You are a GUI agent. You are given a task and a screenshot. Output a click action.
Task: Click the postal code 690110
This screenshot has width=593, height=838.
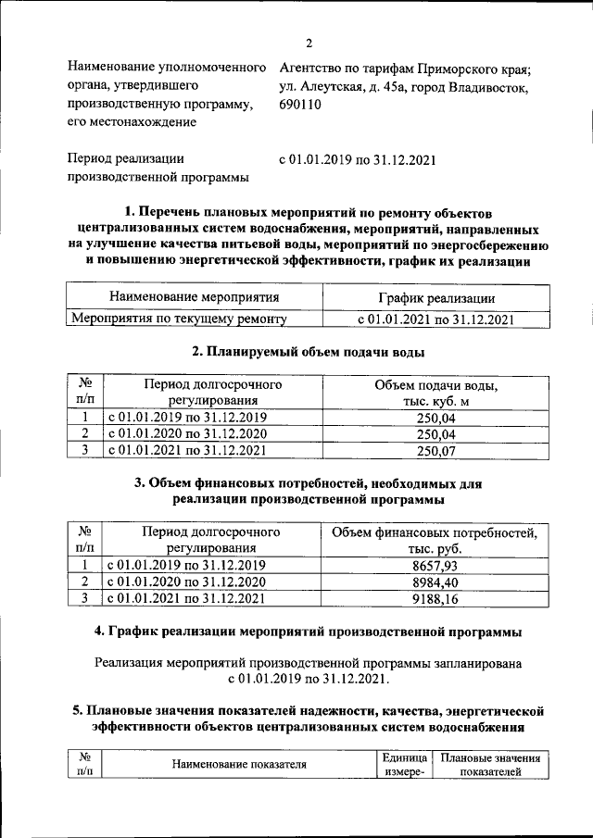coord(299,105)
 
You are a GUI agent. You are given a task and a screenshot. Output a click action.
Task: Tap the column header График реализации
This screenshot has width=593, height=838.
coord(435,298)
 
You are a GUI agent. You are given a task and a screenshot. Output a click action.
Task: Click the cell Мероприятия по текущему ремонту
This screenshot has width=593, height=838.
coord(180,319)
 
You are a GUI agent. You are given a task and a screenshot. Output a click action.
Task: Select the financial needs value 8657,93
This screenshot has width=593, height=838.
coord(434,565)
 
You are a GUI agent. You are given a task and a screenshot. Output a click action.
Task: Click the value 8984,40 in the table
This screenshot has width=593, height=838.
coord(434,582)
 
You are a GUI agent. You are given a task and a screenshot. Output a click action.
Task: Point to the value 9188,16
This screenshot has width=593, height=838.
coord(434,599)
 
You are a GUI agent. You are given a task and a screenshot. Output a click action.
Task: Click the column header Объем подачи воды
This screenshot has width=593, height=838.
coord(435,393)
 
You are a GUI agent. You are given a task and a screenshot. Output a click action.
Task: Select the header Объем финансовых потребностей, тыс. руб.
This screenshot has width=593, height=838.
coord(434,541)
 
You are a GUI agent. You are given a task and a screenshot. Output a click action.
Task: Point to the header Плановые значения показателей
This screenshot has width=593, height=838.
coord(490,764)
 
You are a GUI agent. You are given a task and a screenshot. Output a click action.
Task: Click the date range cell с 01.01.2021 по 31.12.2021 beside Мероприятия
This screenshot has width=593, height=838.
coord(435,319)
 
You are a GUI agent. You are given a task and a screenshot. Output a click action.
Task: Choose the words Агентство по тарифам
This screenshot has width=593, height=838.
coord(339,69)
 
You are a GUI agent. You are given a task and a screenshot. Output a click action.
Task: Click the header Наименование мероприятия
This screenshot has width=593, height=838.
coord(194,298)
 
